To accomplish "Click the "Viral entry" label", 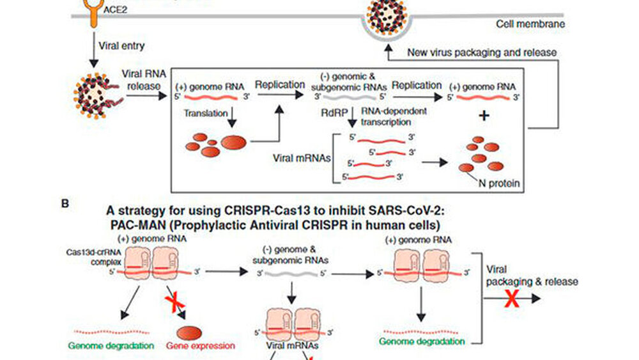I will (122, 46).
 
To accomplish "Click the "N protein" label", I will (499, 184).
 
